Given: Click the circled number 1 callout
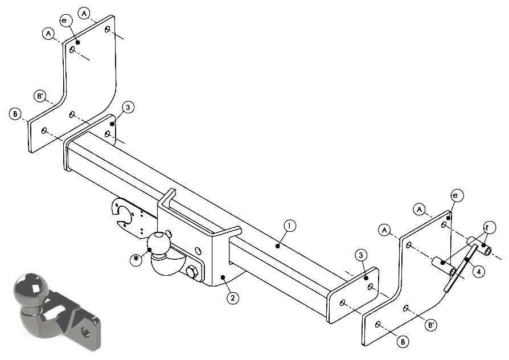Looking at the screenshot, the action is (290, 226).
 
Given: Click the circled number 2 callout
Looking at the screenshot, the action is (233, 297).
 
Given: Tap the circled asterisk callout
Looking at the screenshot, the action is (136, 259).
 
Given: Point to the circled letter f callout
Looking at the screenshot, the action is (487, 227).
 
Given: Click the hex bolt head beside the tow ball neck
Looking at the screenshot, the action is (191, 272).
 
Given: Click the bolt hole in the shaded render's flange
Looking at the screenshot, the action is (86, 331).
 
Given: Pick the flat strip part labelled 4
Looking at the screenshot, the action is (461, 268).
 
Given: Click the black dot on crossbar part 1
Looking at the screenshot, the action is (277, 246).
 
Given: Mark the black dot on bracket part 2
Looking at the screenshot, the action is (223, 277).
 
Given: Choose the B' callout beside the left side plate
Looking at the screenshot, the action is (40, 96).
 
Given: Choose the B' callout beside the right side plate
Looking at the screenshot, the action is (431, 325).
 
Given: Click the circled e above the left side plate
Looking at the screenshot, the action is (65, 21).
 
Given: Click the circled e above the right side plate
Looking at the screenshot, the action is (457, 195).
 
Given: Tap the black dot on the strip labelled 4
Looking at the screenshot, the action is (466, 259).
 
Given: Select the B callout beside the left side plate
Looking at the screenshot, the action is (15, 114).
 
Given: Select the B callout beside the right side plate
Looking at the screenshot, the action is (403, 341).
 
